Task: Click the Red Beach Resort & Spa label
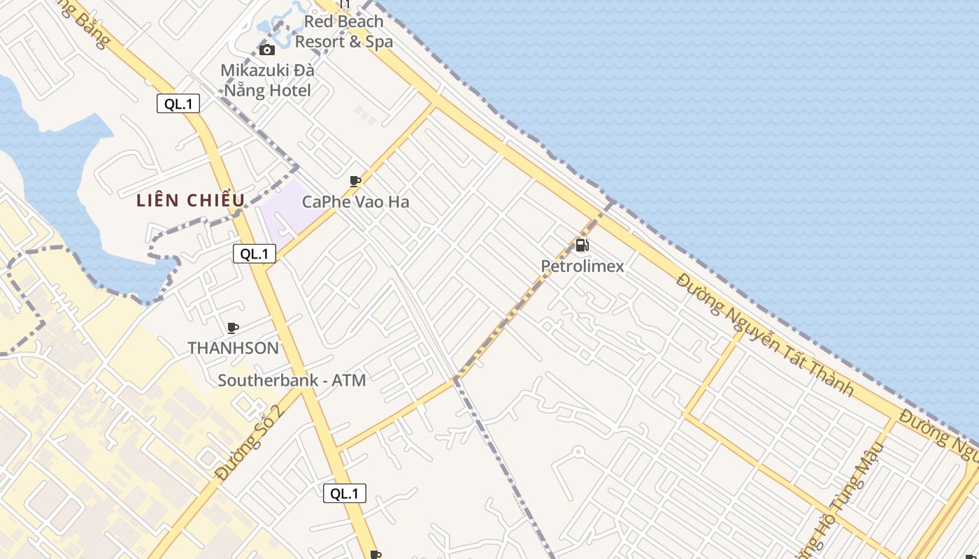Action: [343, 31]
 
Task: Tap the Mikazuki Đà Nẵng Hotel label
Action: [267, 80]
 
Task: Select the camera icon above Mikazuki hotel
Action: [266, 50]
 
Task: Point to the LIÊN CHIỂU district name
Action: [191, 201]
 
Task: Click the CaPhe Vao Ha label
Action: [355, 202]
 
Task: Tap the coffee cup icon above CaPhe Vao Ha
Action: [355, 182]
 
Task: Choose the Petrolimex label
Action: [583, 266]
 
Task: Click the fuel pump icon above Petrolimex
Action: [582, 245]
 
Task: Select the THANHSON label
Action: [233, 347]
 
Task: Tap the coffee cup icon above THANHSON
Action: [233, 328]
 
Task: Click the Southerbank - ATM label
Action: [292, 380]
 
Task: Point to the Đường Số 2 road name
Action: [250, 442]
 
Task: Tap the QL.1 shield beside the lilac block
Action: [255, 254]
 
